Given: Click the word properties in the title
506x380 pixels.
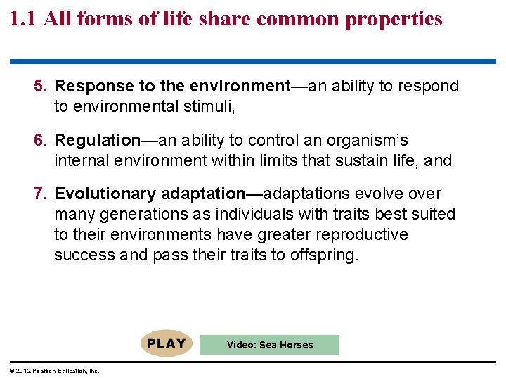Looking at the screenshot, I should [x=394, y=19].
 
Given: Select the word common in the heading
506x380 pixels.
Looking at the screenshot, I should [x=297, y=18].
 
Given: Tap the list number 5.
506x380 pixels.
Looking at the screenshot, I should [x=41, y=87].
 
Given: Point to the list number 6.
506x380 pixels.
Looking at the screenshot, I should [x=41, y=140].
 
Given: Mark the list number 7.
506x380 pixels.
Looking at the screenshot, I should [x=41, y=194].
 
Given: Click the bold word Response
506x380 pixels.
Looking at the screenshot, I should [x=93, y=87].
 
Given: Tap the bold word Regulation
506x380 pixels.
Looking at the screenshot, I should [x=98, y=140].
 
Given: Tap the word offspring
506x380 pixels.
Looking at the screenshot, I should [x=323, y=254].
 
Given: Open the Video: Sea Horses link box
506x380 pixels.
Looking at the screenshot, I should [x=270, y=345].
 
